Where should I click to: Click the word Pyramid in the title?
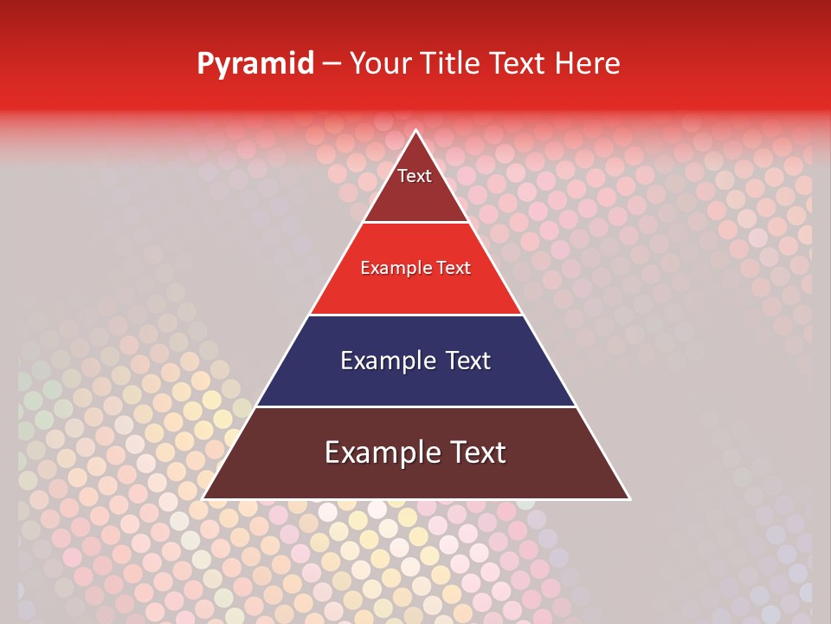[255, 64]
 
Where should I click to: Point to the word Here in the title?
[587, 63]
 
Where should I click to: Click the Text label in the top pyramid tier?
[415, 176]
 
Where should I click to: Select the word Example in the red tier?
[394, 269]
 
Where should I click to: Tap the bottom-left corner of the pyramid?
[203, 498]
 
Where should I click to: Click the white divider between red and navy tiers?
[415, 315]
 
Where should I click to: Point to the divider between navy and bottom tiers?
[415, 406]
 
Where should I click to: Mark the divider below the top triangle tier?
[415, 223]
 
